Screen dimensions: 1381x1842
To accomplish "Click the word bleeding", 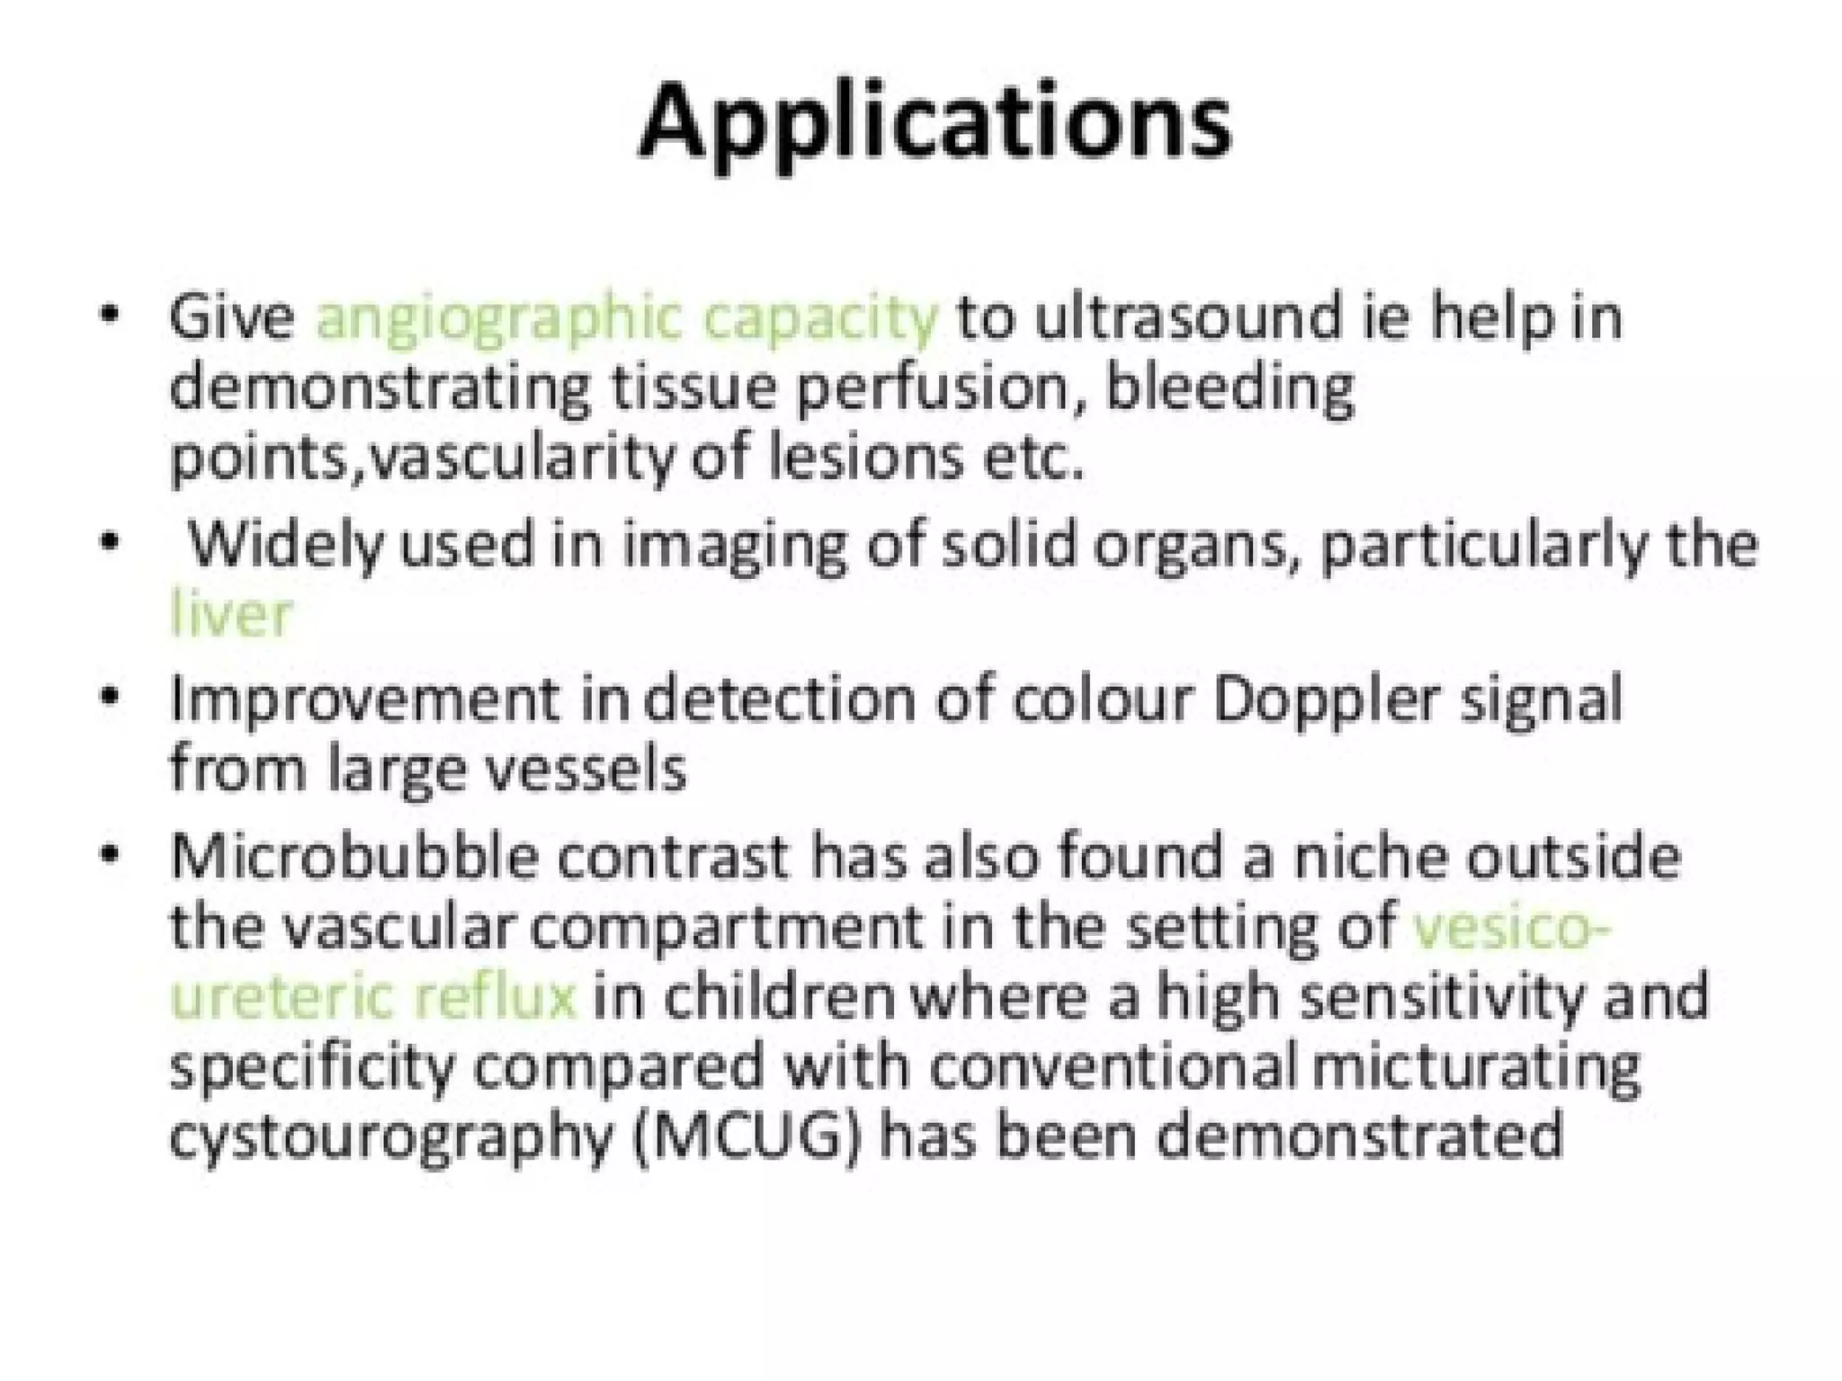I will pyautogui.click(x=1229, y=388).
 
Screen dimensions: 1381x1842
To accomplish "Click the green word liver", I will pyautogui.click(x=232, y=615).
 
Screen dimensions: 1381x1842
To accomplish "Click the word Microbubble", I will pyautogui.click(x=354, y=856).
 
